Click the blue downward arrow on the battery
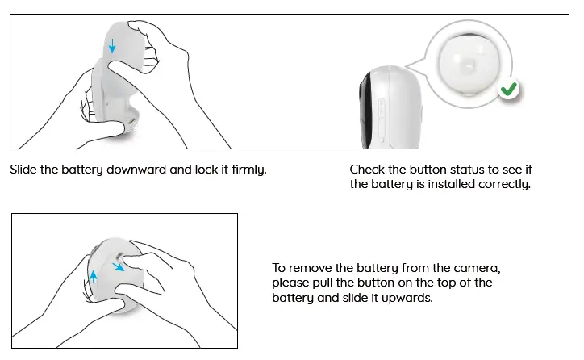(x=112, y=48)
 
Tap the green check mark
(x=507, y=91)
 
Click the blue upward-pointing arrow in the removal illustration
(x=93, y=276)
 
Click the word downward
(x=128, y=170)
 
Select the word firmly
(x=248, y=170)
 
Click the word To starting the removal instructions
(x=279, y=268)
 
